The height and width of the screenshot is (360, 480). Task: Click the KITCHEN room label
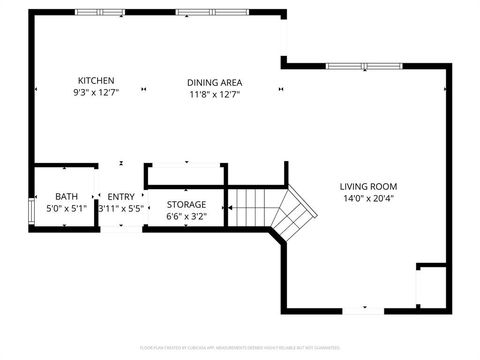click(x=96, y=81)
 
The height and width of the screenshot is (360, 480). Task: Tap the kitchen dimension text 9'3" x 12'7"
click(x=96, y=93)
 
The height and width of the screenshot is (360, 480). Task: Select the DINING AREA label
click(x=214, y=82)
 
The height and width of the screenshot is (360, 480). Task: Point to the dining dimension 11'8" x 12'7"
click(x=214, y=94)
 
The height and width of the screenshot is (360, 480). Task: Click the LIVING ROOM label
click(x=368, y=186)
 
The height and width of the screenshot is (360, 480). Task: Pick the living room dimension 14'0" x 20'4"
click(x=368, y=198)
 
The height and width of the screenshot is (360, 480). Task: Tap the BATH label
click(x=66, y=197)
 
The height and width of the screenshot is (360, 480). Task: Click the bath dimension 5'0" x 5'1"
click(x=66, y=209)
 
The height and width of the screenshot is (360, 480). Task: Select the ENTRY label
click(x=121, y=197)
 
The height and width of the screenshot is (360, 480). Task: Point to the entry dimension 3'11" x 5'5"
click(x=122, y=209)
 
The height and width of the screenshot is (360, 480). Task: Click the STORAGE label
click(x=186, y=204)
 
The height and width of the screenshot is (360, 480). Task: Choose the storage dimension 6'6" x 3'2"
click(x=186, y=216)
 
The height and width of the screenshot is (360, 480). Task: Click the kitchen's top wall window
click(x=96, y=14)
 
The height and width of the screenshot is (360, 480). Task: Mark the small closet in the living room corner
click(x=431, y=287)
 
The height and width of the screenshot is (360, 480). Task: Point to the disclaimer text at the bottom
click(x=240, y=349)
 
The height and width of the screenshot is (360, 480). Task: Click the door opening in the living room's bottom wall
click(x=363, y=310)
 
